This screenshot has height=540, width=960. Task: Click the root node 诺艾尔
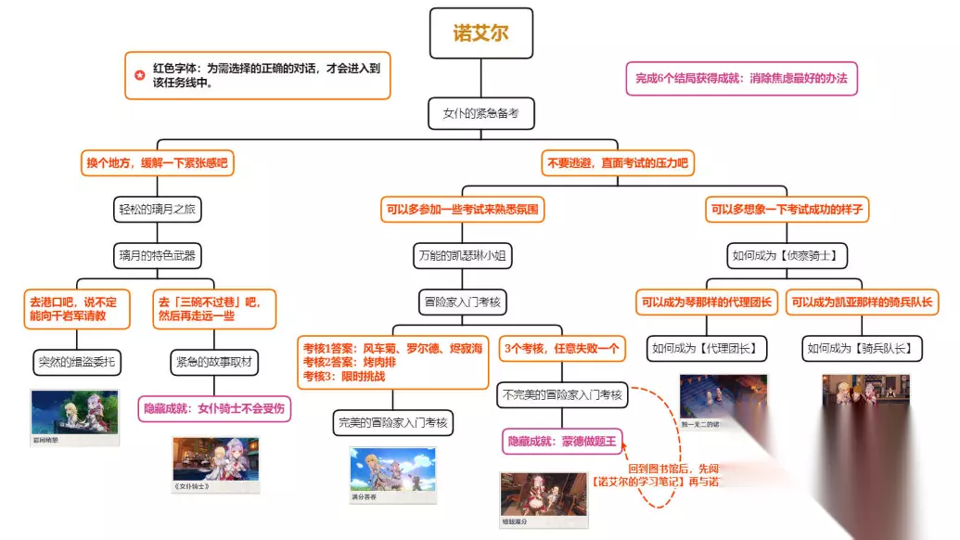[480, 33]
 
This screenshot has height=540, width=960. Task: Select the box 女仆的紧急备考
[480, 114]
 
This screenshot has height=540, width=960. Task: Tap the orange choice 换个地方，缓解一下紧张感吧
[156, 163]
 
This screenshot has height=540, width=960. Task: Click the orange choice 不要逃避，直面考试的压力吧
[617, 163]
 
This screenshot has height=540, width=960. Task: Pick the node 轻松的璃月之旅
[156, 210]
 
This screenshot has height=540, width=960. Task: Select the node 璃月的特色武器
[156, 254]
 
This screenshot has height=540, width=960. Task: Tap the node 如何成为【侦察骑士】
[788, 254]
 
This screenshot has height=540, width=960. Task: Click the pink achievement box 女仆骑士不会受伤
[214, 407]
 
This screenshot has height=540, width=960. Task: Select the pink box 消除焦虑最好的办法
[741, 79]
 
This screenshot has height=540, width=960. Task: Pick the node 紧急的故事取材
[214, 360]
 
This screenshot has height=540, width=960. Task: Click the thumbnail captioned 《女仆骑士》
[215, 463]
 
